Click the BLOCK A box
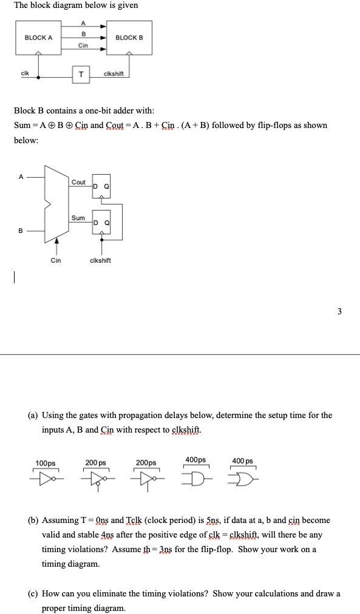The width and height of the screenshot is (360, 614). click(x=39, y=38)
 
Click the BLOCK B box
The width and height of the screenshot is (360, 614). click(x=129, y=38)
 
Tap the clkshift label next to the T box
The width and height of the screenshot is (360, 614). click(x=114, y=74)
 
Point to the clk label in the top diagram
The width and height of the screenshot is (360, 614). click(x=25, y=72)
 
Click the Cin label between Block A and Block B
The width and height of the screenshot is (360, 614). click(x=84, y=46)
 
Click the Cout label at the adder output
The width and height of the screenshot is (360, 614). click(x=79, y=182)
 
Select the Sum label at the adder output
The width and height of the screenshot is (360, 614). click(x=78, y=218)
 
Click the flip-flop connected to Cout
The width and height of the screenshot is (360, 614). click(x=101, y=189)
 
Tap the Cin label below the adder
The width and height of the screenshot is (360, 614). click(x=55, y=260)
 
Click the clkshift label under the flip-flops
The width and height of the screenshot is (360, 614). click(x=100, y=260)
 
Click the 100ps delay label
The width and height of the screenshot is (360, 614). click(x=46, y=463)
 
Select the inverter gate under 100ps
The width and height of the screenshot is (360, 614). click(x=46, y=476)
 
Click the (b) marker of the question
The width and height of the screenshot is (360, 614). click(x=34, y=520)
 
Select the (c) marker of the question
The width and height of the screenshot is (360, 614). click(x=34, y=593)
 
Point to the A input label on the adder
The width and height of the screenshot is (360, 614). click(x=21, y=177)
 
